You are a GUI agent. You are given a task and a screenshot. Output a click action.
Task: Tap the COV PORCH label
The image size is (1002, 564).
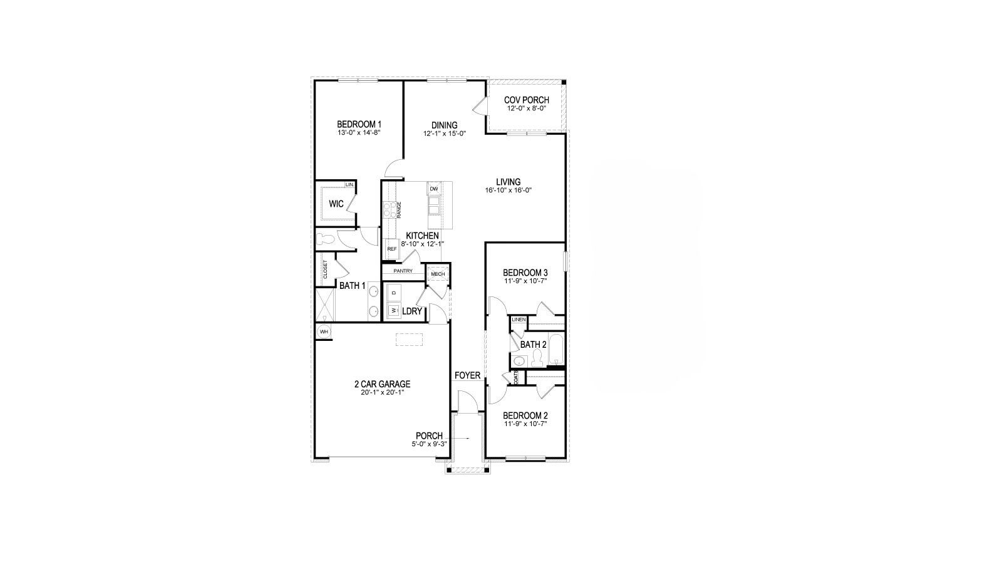pos(527,100)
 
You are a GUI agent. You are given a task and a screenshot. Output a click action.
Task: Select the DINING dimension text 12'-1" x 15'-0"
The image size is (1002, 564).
pos(444,133)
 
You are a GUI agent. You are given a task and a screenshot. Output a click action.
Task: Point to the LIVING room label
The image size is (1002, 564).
pos(508,182)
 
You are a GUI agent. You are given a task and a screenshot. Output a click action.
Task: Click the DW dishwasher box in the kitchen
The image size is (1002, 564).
pos(433,189)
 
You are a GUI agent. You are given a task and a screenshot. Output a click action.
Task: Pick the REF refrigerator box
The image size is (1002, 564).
pos(392,249)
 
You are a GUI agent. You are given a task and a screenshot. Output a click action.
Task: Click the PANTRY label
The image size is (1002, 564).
pos(403,271)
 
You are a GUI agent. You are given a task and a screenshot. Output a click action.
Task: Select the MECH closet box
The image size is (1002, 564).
pos(437,274)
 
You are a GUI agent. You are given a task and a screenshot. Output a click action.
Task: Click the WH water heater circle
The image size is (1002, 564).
pos(324,332)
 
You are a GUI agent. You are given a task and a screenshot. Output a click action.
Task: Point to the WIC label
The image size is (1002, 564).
pos(336,204)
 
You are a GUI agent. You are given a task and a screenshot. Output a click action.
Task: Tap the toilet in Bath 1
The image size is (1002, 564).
pos(326,239)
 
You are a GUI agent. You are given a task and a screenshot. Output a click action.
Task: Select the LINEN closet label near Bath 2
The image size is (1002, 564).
pos(519,320)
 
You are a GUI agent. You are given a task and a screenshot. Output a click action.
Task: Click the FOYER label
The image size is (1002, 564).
pos(467,375)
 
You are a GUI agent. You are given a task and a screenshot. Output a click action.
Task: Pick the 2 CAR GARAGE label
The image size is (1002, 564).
pos(382,384)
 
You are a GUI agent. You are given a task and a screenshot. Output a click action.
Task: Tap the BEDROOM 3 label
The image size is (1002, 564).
pos(525,273)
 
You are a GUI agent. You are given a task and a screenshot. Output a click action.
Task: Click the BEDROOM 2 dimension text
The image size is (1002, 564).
pos(525,424)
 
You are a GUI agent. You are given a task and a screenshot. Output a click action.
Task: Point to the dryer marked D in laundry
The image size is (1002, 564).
pos(394,293)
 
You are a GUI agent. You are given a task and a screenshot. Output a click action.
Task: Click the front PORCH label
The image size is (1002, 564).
pos(429,436)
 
